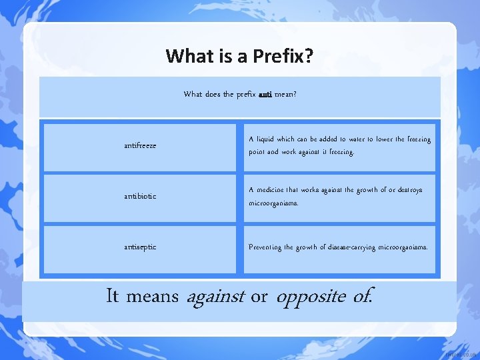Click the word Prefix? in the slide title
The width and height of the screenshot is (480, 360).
[x=283, y=56]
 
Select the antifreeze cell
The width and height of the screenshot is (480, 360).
[x=140, y=145]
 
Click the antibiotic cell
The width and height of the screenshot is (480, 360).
[x=140, y=196]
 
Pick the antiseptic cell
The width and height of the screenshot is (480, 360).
[x=140, y=247]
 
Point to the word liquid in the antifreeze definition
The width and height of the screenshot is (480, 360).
[x=265, y=139]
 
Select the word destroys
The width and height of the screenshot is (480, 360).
[x=407, y=190]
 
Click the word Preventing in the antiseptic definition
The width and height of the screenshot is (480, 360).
[x=266, y=247]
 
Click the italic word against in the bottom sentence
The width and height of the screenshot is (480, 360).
[x=215, y=296]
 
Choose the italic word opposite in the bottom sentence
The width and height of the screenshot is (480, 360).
[x=310, y=296]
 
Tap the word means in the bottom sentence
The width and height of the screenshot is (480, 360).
[x=152, y=296]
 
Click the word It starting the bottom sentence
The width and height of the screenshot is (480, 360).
[x=113, y=296]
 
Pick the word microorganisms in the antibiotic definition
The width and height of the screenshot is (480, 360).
[x=273, y=203]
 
